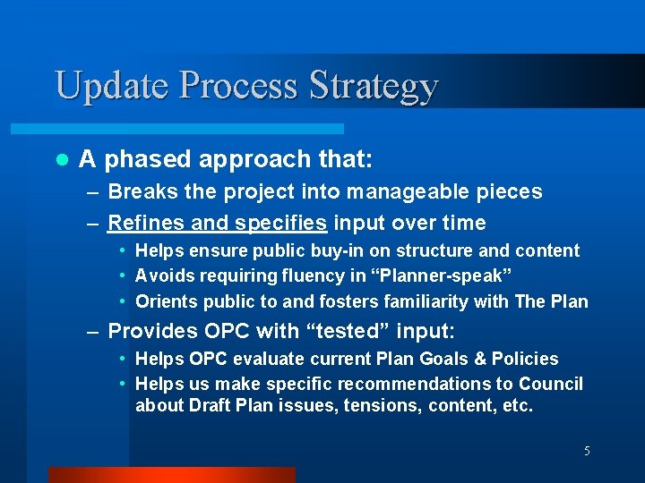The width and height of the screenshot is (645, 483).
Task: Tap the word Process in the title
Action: (x=240, y=86)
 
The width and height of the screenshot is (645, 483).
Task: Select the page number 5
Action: (x=587, y=451)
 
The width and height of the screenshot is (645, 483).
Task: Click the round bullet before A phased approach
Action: (x=61, y=160)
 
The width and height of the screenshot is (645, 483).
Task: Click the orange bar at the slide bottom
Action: (x=171, y=475)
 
